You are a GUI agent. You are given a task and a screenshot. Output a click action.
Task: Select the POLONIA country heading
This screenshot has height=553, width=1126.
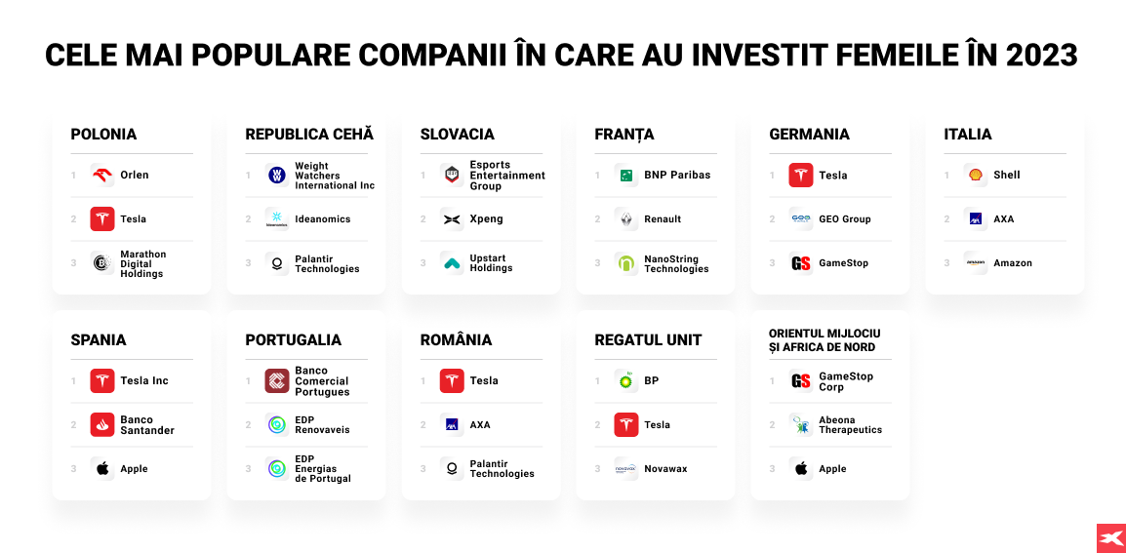pyautogui.click(x=103, y=135)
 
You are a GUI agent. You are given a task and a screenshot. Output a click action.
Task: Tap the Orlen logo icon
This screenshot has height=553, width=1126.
pyautogui.click(x=102, y=176)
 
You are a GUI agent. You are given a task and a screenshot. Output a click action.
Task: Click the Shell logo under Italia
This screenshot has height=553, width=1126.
pyautogui.click(x=976, y=176)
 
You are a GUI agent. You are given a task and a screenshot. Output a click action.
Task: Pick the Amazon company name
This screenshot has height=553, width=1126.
pyautogui.click(x=1013, y=263)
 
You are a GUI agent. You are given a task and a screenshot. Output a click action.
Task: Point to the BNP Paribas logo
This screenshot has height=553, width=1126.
pyautogui.click(x=626, y=176)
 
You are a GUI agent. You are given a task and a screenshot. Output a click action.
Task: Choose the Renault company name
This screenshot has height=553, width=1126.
pyautogui.click(x=663, y=219)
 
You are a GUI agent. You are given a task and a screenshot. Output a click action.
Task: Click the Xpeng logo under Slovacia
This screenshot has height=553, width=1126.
pyautogui.click(x=452, y=219)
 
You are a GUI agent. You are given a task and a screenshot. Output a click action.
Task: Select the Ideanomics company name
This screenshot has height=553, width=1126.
pyautogui.click(x=322, y=219)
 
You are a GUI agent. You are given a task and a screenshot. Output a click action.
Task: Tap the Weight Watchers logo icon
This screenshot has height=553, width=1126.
pyautogui.click(x=276, y=176)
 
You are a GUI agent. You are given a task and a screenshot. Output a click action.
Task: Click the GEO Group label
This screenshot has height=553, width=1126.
pyautogui.click(x=845, y=219)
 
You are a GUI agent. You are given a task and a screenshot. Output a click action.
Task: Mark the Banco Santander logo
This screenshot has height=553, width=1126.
pyautogui.click(x=102, y=424)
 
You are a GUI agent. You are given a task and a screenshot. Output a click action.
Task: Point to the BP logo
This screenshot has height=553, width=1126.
pyautogui.click(x=626, y=380)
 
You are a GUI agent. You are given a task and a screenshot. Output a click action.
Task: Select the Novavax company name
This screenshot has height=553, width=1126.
pyautogui.click(x=665, y=469)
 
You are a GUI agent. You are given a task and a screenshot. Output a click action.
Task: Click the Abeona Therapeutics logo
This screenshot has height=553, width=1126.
pyautogui.click(x=801, y=424)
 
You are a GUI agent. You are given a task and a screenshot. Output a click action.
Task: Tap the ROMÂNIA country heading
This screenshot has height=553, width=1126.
pyautogui.click(x=456, y=340)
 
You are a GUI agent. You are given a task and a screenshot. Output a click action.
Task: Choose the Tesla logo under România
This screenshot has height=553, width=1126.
pyautogui.click(x=452, y=380)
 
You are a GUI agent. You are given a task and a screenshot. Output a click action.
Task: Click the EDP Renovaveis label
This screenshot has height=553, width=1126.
pyautogui.click(x=322, y=424)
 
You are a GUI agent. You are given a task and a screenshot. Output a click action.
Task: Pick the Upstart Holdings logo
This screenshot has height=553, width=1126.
pyautogui.click(x=452, y=263)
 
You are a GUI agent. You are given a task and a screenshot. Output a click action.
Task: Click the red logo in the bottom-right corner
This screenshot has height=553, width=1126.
pyautogui.click(x=1111, y=538)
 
